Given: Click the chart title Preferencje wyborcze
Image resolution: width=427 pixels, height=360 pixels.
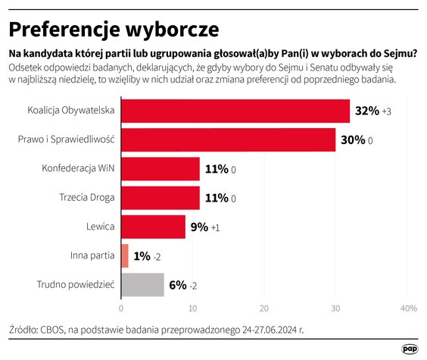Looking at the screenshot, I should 114,29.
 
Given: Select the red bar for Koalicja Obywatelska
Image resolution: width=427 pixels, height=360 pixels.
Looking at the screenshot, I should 235,111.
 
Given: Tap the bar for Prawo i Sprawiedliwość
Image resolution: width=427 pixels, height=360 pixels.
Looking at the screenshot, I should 228,139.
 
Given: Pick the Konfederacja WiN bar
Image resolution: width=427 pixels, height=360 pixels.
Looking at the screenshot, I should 160,169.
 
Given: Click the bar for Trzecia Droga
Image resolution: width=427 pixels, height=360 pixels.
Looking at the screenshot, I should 160,198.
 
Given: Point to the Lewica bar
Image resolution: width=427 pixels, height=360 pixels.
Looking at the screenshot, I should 153,227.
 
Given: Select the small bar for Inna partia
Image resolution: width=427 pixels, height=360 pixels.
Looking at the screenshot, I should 124,255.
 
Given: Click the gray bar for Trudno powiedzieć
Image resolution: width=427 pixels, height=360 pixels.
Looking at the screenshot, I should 142,284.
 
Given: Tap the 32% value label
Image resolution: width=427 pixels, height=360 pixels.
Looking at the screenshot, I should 367,111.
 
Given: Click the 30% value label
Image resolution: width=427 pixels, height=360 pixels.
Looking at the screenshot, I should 353,140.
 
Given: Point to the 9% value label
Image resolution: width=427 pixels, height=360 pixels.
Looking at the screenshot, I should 199,227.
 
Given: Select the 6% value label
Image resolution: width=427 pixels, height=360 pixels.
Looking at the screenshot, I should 177,285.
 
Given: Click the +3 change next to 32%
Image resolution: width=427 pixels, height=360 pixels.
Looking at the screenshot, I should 386,112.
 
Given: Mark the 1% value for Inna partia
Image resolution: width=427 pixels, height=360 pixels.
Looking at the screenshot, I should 142,256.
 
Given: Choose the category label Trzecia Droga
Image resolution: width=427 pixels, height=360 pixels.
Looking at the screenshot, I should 87,198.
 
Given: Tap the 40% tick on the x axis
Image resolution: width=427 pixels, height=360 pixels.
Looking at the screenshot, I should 408,308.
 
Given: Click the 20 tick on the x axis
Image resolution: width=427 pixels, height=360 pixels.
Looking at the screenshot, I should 264,308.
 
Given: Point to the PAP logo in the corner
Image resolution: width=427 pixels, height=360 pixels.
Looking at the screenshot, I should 410,347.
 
